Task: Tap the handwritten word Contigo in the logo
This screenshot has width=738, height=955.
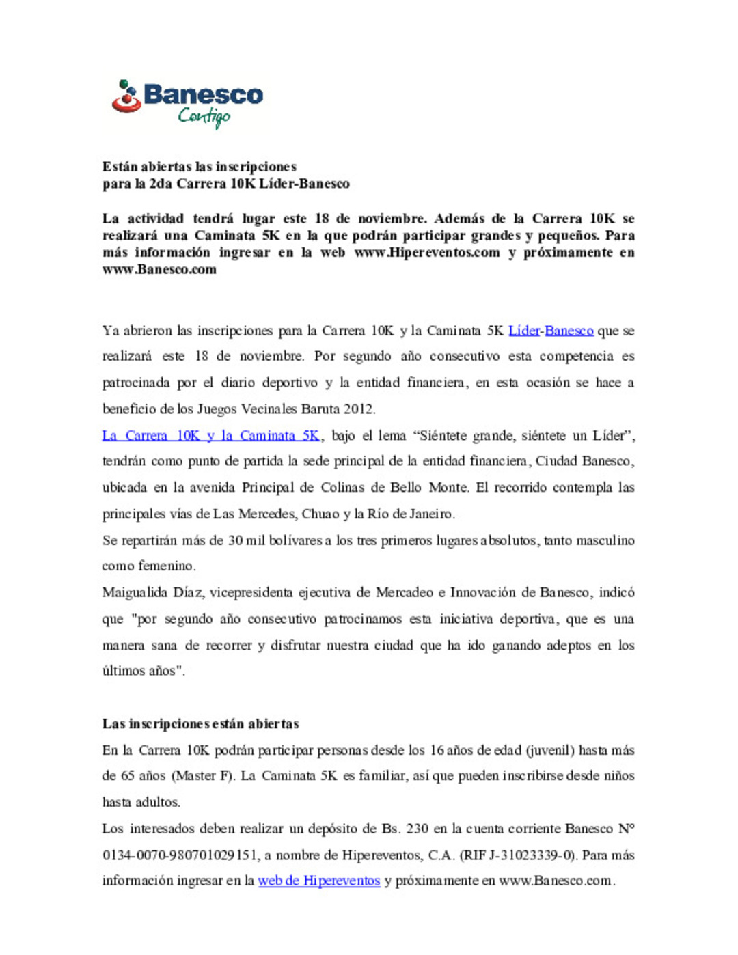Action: (204, 117)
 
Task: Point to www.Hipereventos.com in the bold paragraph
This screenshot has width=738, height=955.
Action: (427, 253)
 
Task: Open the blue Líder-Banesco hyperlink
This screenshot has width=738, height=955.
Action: (551, 331)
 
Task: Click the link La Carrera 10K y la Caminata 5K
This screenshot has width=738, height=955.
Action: (210, 436)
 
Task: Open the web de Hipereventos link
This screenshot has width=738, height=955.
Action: (318, 881)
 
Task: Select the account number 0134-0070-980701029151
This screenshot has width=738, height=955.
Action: (180, 855)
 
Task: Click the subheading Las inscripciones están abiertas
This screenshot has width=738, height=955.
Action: (201, 724)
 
